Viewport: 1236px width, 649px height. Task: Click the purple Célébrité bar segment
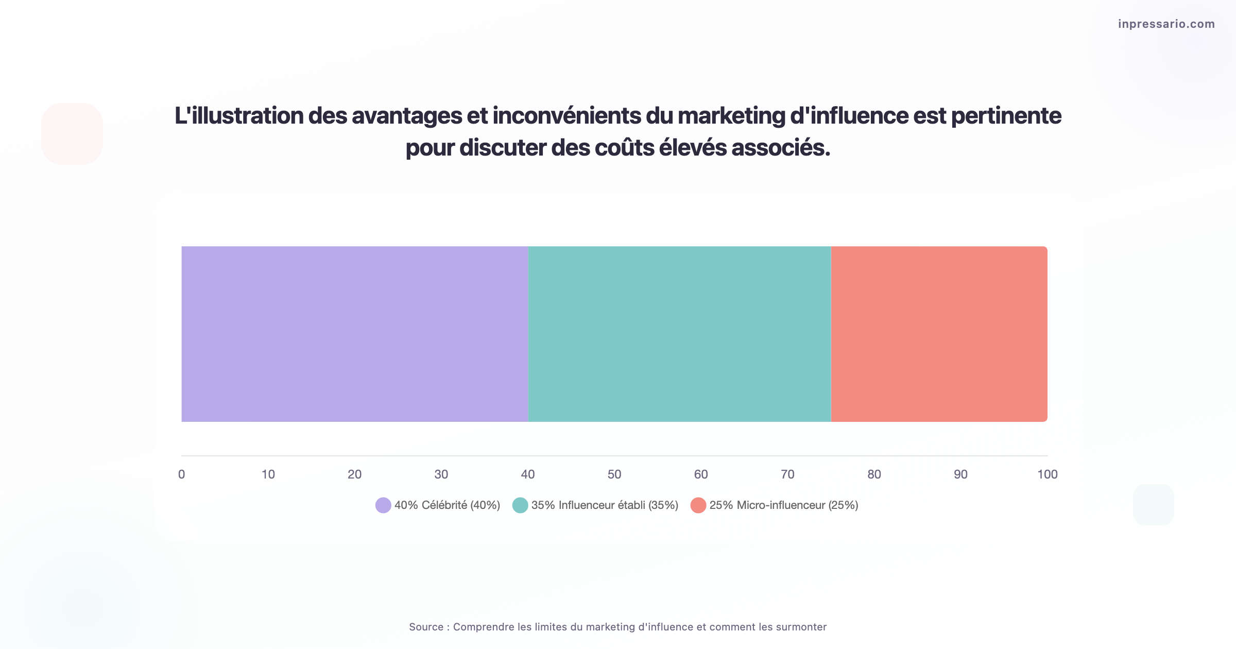[x=354, y=334]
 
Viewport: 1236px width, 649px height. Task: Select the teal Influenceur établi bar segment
[x=679, y=334]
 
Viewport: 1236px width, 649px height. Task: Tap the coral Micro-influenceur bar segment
[x=938, y=334]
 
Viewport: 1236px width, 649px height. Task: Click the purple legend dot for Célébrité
[x=383, y=505]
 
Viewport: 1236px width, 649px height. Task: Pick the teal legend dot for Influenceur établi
[x=520, y=505]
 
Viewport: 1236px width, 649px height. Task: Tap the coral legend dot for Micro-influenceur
[x=698, y=505]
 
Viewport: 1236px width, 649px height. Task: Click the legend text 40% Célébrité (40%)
[x=447, y=505]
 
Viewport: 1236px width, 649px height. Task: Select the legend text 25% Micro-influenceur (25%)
[x=783, y=505]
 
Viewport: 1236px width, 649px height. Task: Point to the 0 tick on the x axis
[x=181, y=474]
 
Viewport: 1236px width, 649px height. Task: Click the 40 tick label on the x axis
[x=528, y=474]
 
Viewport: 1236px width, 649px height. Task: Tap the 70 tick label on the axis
[x=787, y=474]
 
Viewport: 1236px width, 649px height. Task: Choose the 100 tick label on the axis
[x=1047, y=474]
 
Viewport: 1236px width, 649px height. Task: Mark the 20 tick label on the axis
[x=354, y=474]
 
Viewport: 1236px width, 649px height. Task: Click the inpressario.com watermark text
[x=1166, y=24]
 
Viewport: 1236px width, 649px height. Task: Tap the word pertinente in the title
[x=1006, y=116]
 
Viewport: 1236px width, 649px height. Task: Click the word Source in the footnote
[x=426, y=627]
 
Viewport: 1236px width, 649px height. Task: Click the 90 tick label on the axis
[x=960, y=474]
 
